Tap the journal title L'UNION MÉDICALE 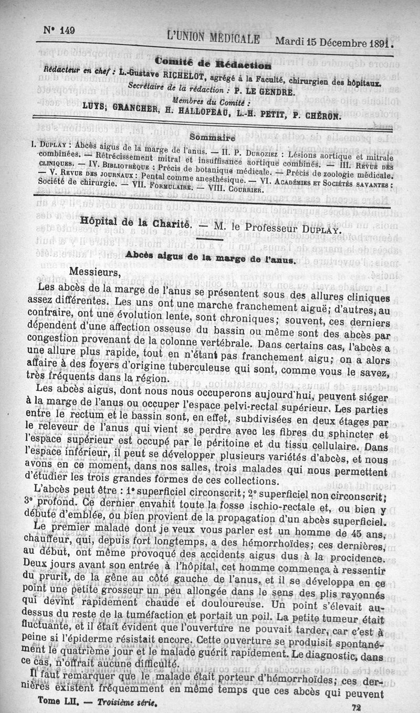(213, 39)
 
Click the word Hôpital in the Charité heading (98, 221)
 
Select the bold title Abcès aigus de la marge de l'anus (212, 259)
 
